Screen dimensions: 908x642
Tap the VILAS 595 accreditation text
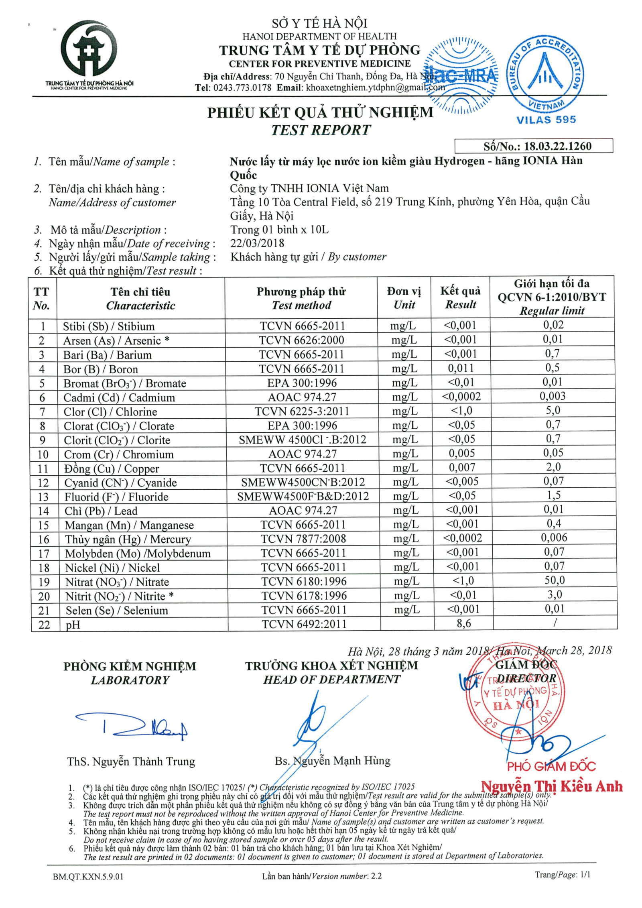click(546, 120)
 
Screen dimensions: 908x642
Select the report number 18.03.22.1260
click(558, 146)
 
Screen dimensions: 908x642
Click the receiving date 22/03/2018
click(257, 243)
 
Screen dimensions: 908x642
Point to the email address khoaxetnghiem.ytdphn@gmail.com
click(375, 88)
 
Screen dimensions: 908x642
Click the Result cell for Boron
click(461, 368)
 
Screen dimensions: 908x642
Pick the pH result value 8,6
click(463, 623)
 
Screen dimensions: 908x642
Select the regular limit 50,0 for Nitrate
click(554, 580)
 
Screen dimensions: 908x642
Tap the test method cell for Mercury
click(303, 539)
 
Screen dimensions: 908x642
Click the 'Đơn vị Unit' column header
click(404, 298)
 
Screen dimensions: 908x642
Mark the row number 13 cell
click(43, 497)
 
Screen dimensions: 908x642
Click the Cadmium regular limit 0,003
click(553, 397)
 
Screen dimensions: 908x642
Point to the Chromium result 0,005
click(462, 454)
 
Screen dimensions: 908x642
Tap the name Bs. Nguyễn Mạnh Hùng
click(332, 761)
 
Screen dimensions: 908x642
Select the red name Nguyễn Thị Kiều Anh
click(552, 786)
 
